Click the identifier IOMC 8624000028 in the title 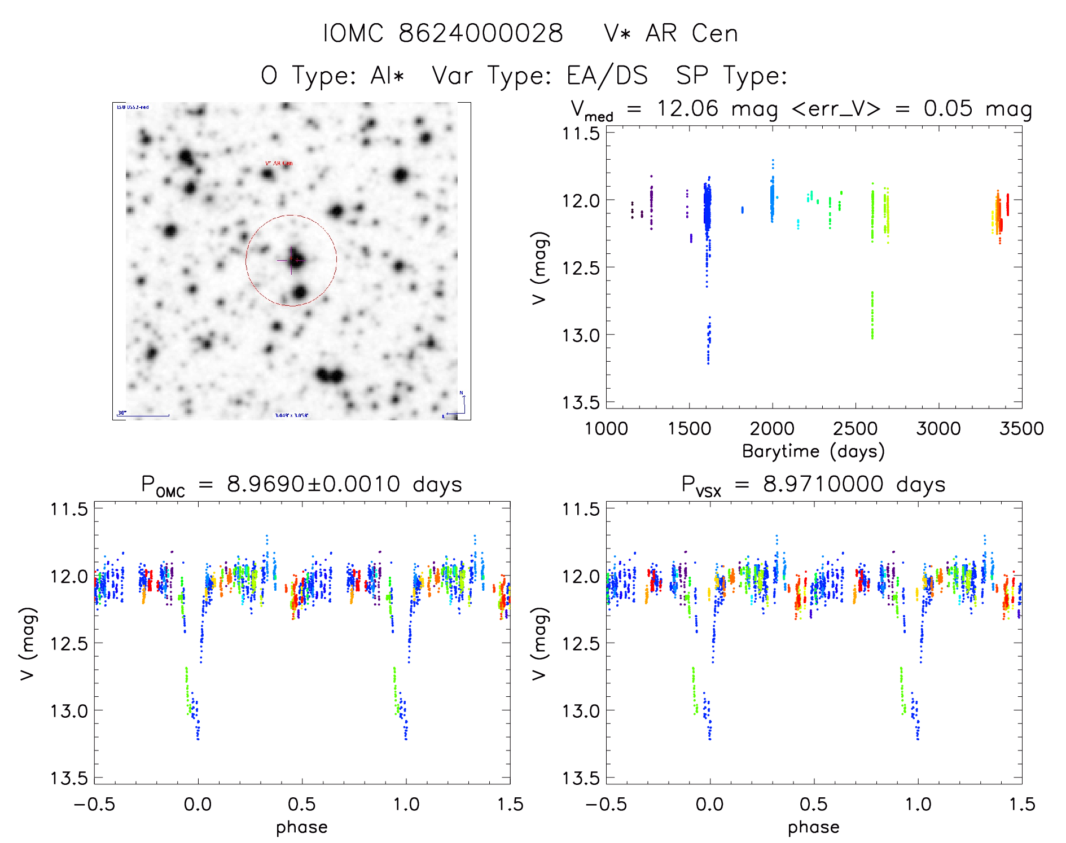coord(443,33)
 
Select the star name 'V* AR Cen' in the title coord(670,33)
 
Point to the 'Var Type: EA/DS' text coord(539,76)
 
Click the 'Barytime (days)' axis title coord(813,451)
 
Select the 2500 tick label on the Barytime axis coord(855,428)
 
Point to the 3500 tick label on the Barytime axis coord(1021,428)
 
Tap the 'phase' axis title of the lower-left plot coord(301,827)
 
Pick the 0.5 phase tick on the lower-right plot coord(814,804)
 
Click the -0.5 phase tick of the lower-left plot coord(94,804)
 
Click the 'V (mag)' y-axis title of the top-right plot coord(539,267)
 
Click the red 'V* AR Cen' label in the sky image coord(279,164)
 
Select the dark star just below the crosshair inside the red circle coord(300,292)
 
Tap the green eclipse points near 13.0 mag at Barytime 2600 coord(872,316)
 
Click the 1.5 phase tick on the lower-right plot coord(1021,804)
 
